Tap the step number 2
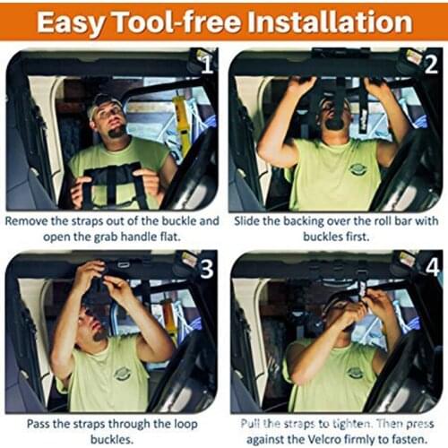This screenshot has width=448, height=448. [431, 65]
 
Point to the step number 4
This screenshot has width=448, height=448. [431, 268]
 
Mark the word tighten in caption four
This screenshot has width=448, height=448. [331, 421]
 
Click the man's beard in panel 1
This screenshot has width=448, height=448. [115, 132]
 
